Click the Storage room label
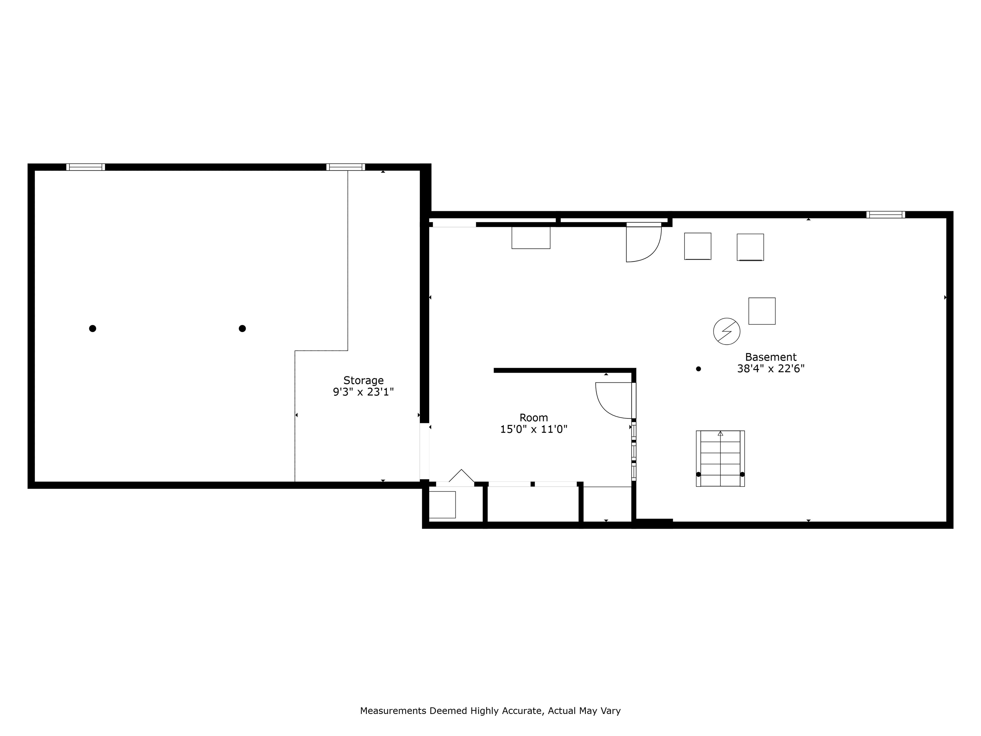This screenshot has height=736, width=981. pyautogui.click(x=363, y=380)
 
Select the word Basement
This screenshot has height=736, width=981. pyautogui.click(x=770, y=357)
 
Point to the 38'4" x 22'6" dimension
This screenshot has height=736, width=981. pyautogui.click(x=770, y=369)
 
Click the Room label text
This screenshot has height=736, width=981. pyautogui.click(x=534, y=418)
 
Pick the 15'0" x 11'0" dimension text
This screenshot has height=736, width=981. pyautogui.click(x=534, y=429)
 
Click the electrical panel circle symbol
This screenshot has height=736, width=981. pyautogui.click(x=726, y=331)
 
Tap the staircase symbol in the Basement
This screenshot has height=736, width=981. pyautogui.click(x=720, y=458)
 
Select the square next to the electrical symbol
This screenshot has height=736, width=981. pyautogui.click(x=762, y=311)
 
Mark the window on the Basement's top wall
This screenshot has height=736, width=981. pyautogui.click(x=886, y=215)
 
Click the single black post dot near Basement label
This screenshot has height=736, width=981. pyautogui.click(x=698, y=369)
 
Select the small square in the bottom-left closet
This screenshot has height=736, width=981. pyautogui.click(x=442, y=504)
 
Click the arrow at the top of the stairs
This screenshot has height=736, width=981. pyautogui.click(x=720, y=433)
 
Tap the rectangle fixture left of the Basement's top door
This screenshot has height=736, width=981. pyautogui.click(x=531, y=238)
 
